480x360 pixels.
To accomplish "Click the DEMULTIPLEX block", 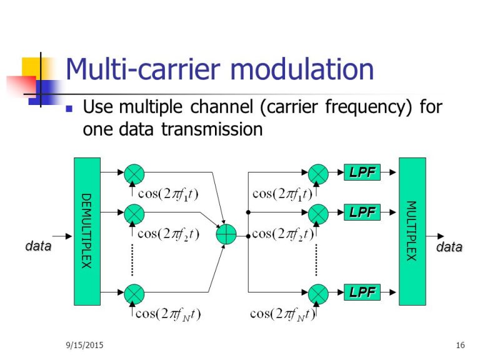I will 87,231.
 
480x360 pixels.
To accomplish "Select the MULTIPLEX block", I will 412,231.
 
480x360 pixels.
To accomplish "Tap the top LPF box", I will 362,172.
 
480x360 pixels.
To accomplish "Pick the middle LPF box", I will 362,212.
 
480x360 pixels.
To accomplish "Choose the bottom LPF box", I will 362,292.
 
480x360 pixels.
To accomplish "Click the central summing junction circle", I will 226,234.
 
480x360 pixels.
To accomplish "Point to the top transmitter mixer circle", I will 134,172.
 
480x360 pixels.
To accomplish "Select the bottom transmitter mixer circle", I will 134,292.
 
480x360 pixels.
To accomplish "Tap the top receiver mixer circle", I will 319,172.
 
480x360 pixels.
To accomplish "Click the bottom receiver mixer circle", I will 319,292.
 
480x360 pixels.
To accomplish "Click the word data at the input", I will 38,246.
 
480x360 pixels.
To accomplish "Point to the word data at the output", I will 449,247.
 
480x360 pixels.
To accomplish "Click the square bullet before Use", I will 70,108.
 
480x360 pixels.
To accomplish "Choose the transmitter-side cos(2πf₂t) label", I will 168,234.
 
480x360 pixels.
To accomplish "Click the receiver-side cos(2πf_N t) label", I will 282,314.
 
